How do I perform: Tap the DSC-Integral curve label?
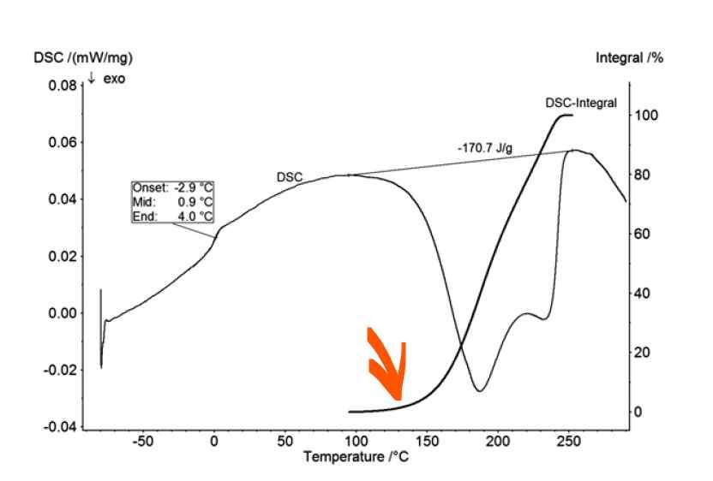point(581,103)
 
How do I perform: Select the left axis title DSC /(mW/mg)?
point(83,58)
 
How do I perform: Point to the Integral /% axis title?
point(630,58)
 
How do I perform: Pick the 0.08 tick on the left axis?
point(61,86)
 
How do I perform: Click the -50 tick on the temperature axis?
point(142,442)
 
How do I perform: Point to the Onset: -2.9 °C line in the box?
point(172,187)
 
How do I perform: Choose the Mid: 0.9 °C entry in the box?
point(172,202)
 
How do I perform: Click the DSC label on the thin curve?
point(290,177)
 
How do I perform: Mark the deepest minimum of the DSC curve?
point(479,391)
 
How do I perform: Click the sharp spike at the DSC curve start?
point(101,291)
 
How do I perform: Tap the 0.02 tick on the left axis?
point(61,256)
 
